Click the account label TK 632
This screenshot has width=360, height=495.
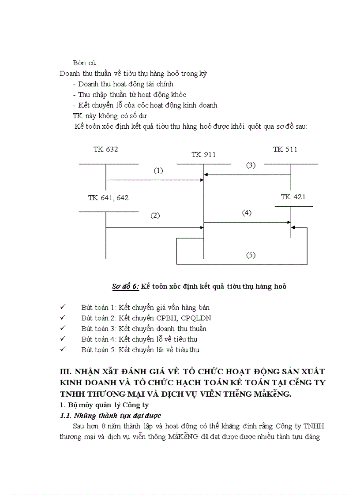(105, 149)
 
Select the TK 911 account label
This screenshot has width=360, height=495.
(203, 155)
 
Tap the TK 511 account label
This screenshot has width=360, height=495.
(285, 149)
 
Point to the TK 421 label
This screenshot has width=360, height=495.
(293, 197)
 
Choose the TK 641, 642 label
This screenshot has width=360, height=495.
(108, 198)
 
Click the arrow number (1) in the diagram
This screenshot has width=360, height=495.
(158, 170)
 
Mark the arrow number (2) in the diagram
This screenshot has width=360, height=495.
(155, 216)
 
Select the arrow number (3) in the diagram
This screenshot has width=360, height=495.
(251, 165)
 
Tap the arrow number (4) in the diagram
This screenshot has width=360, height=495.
(247, 213)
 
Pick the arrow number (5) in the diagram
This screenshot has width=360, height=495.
(251, 255)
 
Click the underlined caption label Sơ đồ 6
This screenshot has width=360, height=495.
(125, 287)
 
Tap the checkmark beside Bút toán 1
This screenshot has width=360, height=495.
(63, 307)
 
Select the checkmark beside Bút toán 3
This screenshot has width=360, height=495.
(63, 328)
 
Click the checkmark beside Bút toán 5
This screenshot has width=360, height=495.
(63, 350)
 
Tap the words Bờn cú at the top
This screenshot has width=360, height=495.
(85, 63)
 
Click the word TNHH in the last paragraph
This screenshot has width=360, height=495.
(313, 426)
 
